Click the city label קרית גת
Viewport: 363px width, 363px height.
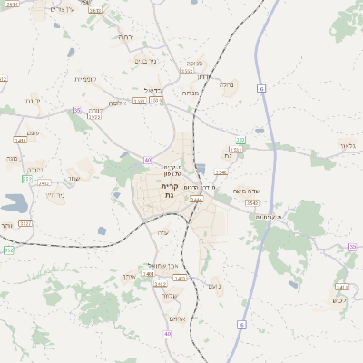click(167, 191)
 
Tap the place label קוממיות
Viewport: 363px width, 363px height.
click(85, 80)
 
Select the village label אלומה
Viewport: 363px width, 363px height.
click(117, 104)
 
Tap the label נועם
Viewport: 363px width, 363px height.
click(214, 287)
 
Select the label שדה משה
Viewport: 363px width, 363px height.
click(247, 191)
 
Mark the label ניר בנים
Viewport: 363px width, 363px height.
click(146, 61)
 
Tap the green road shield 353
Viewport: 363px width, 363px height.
click(240, 140)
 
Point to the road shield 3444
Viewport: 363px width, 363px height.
click(196, 198)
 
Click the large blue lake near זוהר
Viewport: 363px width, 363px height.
click(16, 203)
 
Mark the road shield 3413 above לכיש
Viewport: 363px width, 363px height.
click(342, 287)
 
